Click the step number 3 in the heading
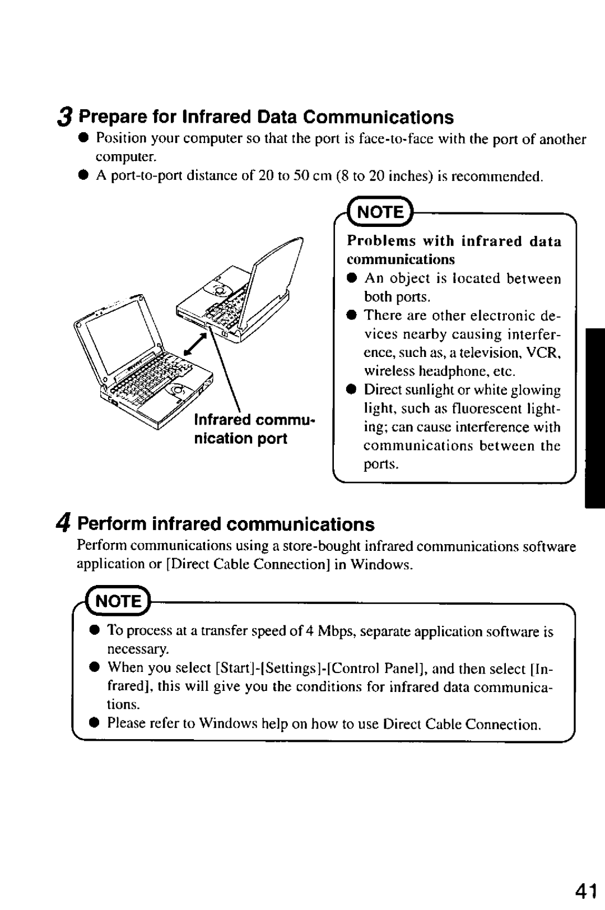coord(65,117)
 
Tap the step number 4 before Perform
coord(65,524)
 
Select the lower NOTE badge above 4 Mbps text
coord(119,601)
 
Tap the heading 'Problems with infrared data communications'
coord(454,249)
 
